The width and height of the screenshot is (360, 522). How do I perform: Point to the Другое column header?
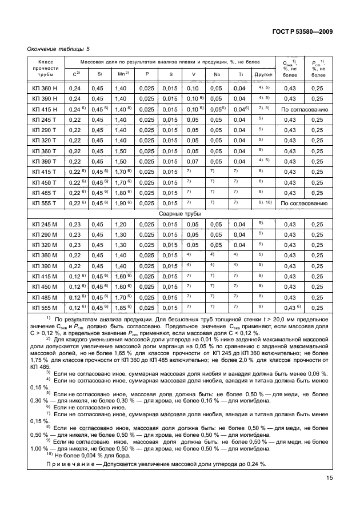coord(263,74)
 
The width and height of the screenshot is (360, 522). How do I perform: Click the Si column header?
coord(99,74)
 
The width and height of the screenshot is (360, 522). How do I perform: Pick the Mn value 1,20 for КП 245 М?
coord(121,224)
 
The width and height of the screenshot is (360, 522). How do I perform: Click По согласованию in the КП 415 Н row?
coord(303,109)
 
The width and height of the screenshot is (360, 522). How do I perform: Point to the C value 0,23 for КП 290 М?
coord(74,234)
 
